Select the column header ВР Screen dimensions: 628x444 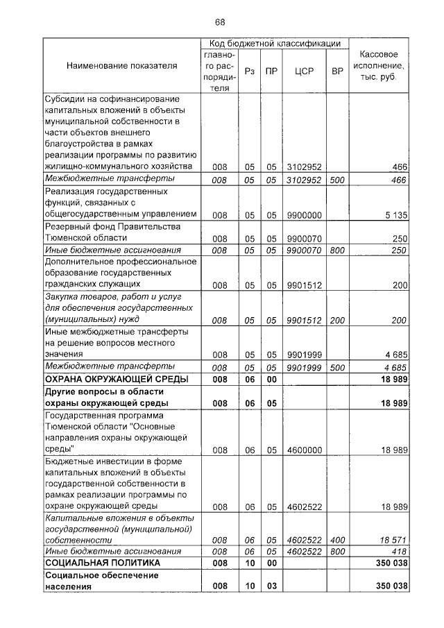point(337,71)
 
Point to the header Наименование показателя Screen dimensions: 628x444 point(122,66)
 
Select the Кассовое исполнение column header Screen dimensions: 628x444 point(379,66)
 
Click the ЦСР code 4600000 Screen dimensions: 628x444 point(303,450)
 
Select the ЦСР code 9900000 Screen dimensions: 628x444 point(303,215)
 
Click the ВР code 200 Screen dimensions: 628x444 point(337,320)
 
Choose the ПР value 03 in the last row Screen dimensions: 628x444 point(272,586)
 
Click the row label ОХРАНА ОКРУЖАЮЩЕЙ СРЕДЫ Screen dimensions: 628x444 point(108,379)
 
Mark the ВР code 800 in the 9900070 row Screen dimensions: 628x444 point(337,250)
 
